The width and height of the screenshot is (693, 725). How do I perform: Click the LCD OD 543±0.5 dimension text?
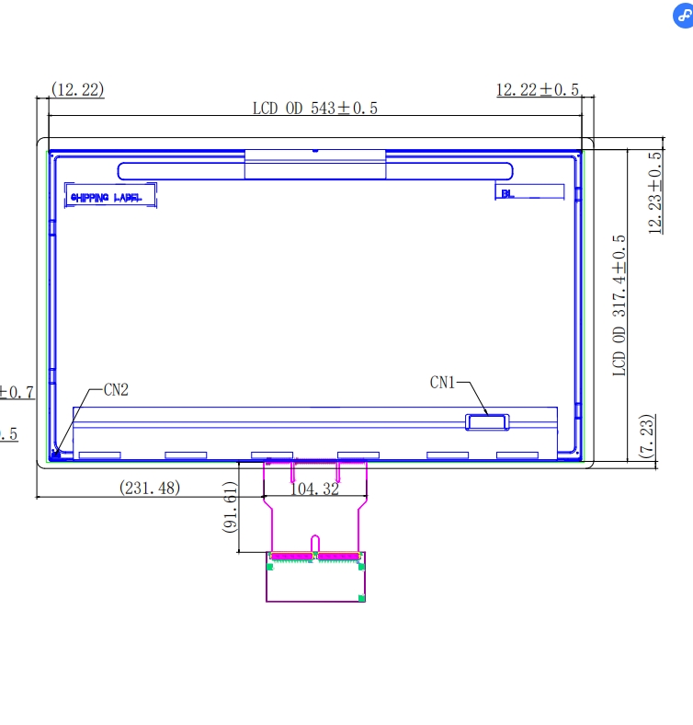(x=315, y=108)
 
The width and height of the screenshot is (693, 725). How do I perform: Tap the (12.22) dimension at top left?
(x=77, y=89)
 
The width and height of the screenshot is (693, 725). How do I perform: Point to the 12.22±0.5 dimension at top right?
(x=538, y=89)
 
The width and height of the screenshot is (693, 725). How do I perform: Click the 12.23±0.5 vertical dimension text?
(x=655, y=193)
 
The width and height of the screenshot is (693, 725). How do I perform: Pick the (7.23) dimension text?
(x=646, y=436)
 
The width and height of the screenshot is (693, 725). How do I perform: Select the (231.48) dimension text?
(x=150, y=488)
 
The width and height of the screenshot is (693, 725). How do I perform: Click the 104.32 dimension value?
(x=314, y=489)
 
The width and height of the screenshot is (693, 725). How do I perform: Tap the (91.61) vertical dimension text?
(x=230, y=508)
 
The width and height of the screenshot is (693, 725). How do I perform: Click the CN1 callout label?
(x=443, y=382)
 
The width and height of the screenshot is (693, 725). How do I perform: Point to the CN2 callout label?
(x=115, y=389)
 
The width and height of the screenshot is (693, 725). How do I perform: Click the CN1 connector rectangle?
(x=487, y=421)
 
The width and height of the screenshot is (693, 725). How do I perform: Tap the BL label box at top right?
(x=529, y=192)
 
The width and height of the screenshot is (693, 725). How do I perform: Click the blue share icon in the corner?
(x=682, y=19)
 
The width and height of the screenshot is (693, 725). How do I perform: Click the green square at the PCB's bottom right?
(x=361, y=598)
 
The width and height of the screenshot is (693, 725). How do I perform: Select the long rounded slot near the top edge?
(x=314, y=170)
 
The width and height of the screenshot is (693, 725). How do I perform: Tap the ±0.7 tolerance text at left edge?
(x=17, y=392)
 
